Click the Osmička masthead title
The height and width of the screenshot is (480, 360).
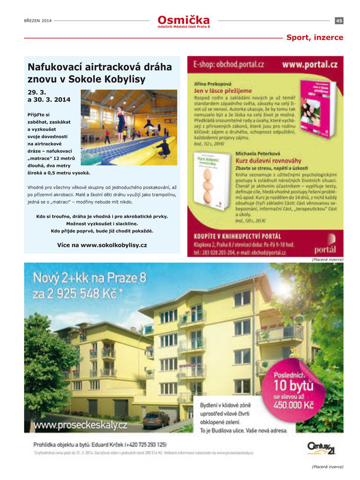[x=184, y=20]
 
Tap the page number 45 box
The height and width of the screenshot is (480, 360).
[x=339, y=21]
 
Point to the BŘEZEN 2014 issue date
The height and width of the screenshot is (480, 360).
[x=38, y=21]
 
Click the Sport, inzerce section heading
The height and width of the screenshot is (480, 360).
[x=314, y=37]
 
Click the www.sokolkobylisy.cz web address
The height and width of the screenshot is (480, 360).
[x=102, y=245]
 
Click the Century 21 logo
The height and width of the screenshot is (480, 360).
[x=321, y=447]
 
